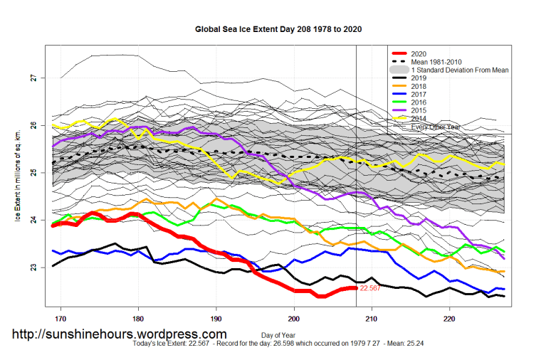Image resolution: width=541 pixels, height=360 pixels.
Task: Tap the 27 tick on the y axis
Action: [33, 78]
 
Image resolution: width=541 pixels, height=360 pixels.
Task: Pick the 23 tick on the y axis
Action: [33, 268]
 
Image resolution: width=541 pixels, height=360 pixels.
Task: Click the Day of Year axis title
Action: [278, 334]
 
